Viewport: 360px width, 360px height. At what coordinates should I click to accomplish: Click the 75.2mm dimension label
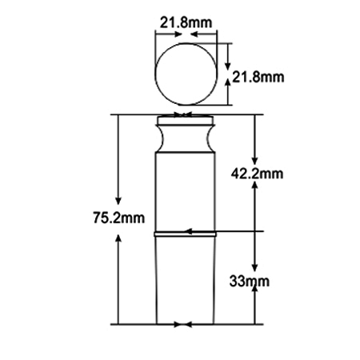coord(119,218)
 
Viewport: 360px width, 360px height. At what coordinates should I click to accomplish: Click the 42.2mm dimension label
coord(257,174)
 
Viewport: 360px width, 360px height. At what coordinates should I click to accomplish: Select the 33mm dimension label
coord(250,281)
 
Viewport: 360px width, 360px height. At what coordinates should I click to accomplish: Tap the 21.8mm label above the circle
coord(186,22)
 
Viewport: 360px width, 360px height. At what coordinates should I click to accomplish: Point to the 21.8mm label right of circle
coord(258,78)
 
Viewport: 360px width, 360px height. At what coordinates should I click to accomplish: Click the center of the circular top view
coord(186,74)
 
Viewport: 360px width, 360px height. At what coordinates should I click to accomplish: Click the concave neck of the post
coord(186,138)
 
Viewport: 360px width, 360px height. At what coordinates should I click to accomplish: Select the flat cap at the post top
coord(186,120)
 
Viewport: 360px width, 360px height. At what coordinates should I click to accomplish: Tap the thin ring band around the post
coord(186,234)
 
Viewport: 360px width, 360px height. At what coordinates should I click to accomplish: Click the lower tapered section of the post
coord(186,281)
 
